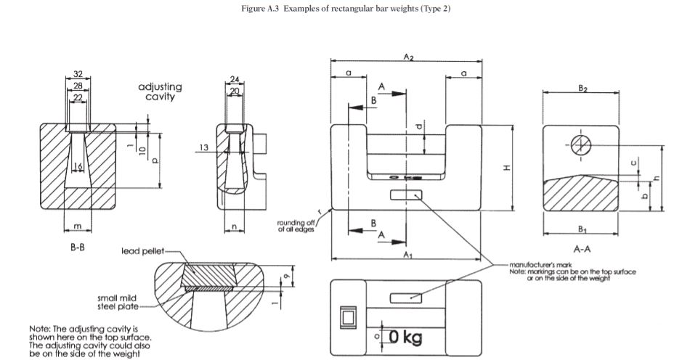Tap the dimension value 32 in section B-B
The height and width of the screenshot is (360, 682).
78,74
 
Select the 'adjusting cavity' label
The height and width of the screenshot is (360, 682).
160,91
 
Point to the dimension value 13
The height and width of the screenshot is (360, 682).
204,147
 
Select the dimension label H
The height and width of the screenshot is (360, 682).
507,168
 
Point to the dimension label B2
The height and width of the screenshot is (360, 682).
582,87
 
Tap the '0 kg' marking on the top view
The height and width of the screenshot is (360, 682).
405,337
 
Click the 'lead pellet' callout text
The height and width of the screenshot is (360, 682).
142,251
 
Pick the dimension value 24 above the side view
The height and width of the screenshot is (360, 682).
234,78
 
